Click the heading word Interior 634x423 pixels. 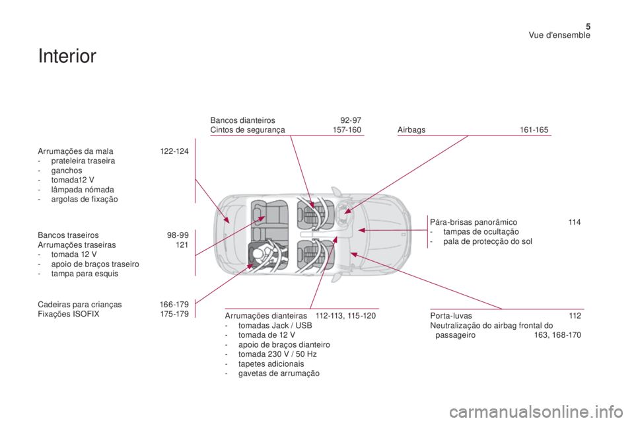coord(68,56)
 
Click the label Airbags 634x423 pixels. coord(411,130)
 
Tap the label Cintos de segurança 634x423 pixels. coord(248,130)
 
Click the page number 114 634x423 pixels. coord(574,223)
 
